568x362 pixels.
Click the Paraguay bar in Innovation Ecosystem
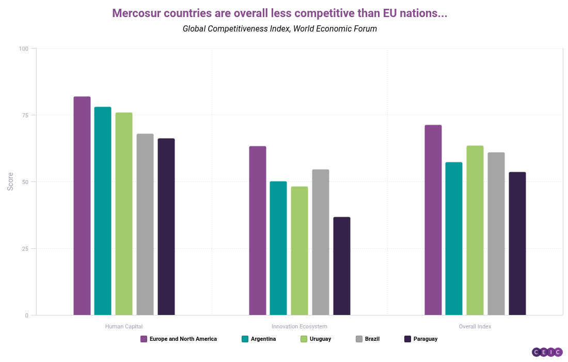point(342,266)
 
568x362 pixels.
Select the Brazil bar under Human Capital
point(145,224)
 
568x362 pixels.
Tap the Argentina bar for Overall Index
point(454,238)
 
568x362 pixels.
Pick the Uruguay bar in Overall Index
point(475,230)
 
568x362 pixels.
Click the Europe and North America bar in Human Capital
point(82,206)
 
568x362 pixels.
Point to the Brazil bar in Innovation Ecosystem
point(321,242)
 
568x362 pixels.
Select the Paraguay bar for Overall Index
point(517,244)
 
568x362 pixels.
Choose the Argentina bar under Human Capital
point(103,211)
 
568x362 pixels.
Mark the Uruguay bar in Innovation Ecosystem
point(299,251)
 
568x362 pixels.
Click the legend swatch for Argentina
point(245,339)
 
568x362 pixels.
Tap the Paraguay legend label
point(425,339)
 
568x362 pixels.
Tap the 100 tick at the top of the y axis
point(24,49)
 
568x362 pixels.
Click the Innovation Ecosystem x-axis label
point(299,327)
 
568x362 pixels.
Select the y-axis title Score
point(10,182)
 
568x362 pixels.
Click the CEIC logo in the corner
point(547,352)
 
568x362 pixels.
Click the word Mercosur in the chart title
point(137,13)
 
